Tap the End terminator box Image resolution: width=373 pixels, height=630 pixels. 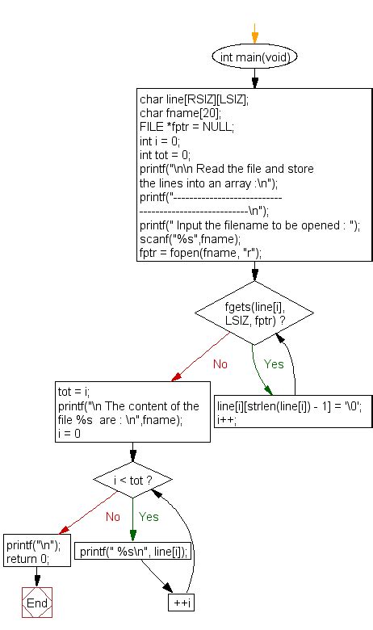[x=37, y=603]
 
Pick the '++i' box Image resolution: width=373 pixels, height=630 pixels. [x=180, y=603]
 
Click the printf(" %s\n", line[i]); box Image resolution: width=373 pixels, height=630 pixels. [x=136, y=552]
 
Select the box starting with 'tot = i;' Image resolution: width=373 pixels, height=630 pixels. [x=129, y=409]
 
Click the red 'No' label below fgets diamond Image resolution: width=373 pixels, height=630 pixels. [x=220, y=364]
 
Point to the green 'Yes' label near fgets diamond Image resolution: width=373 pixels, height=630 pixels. [x=274, y=364]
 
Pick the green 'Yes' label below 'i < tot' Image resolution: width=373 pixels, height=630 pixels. [x=149, y=516]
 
